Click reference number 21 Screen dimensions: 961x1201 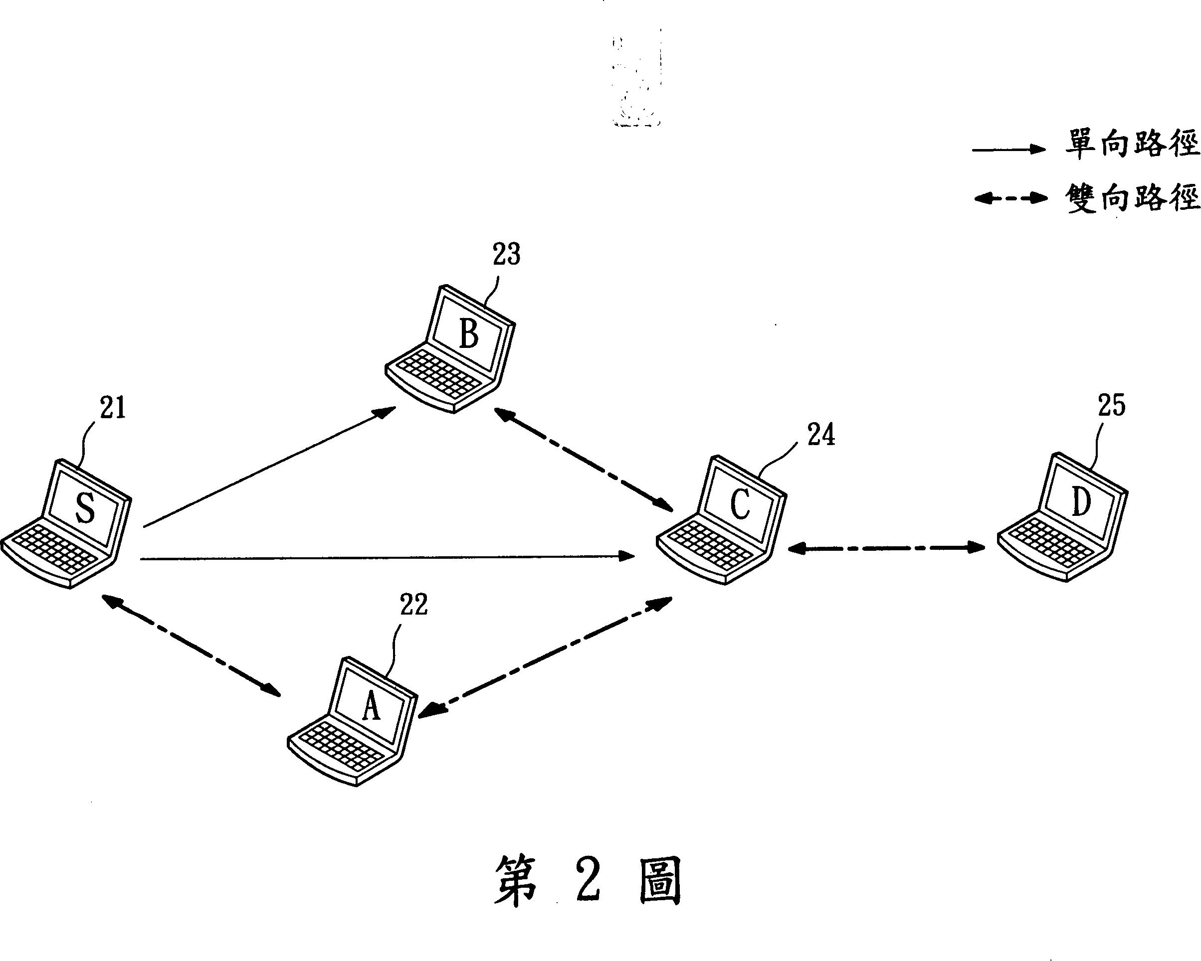[113, 408]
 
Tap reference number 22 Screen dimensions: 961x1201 [414, 605]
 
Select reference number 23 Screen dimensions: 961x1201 [506, 254]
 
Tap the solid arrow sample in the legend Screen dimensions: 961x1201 [1009, 149]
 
